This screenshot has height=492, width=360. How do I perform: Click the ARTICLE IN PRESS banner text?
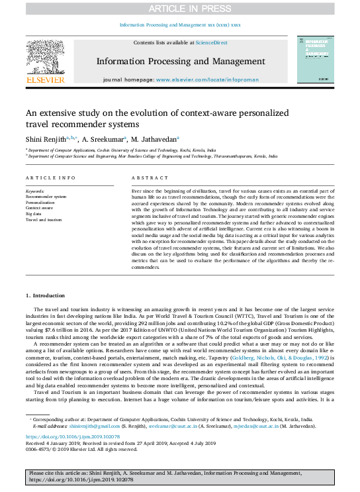tap(180, 8)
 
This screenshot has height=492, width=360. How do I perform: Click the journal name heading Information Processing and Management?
tap(180, 61)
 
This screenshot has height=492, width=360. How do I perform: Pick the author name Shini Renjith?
tap(46, 140)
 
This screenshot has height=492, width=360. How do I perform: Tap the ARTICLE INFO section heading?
tap(50, 179)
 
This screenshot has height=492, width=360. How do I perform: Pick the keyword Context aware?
tap(39, 208)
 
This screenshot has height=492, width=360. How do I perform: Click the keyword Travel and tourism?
tap(44, 220)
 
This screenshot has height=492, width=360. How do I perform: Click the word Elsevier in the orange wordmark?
tap(45, 80)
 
